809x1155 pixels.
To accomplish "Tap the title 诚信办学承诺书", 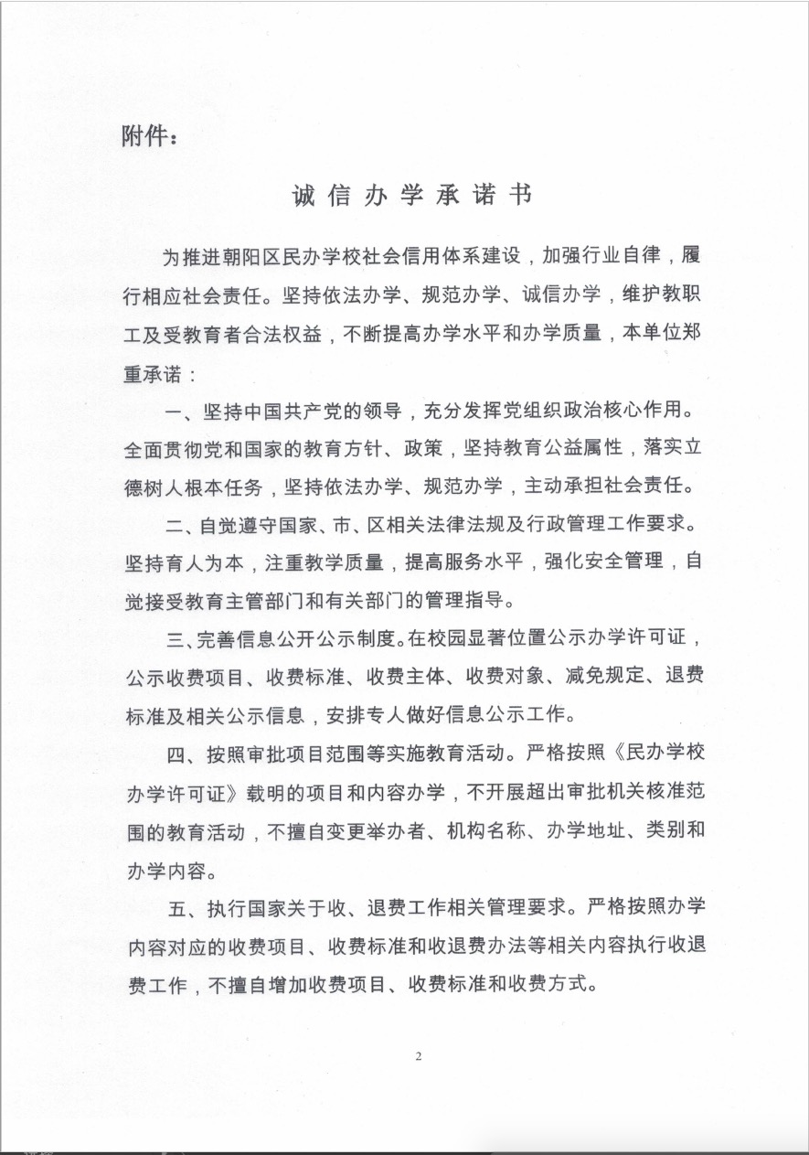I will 410,197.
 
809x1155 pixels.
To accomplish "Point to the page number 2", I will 418,1057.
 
